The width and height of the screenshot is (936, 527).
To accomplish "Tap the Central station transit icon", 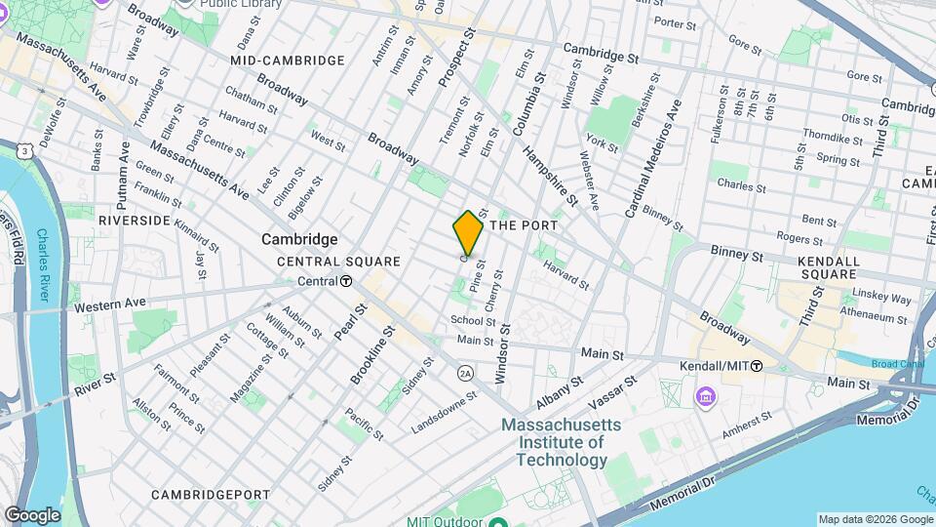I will [x=346, y=281].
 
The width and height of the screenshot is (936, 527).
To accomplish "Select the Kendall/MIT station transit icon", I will [x=757, y=365].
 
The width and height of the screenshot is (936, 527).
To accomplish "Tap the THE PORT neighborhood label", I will [x=524, y=225].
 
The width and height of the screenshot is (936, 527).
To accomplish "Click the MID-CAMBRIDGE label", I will [x=288, y=61].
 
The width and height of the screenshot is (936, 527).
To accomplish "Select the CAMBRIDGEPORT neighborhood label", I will [x=211, y=495].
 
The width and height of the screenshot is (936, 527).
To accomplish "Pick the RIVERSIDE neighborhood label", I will [x=135, y=222].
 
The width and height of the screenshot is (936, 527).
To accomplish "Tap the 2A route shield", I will [x=465, y=372].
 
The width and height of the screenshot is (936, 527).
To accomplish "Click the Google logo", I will [x=32, y=514].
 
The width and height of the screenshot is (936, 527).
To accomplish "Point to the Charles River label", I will [x=46, y=263].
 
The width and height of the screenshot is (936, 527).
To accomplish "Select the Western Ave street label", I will [x=108, y=305].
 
